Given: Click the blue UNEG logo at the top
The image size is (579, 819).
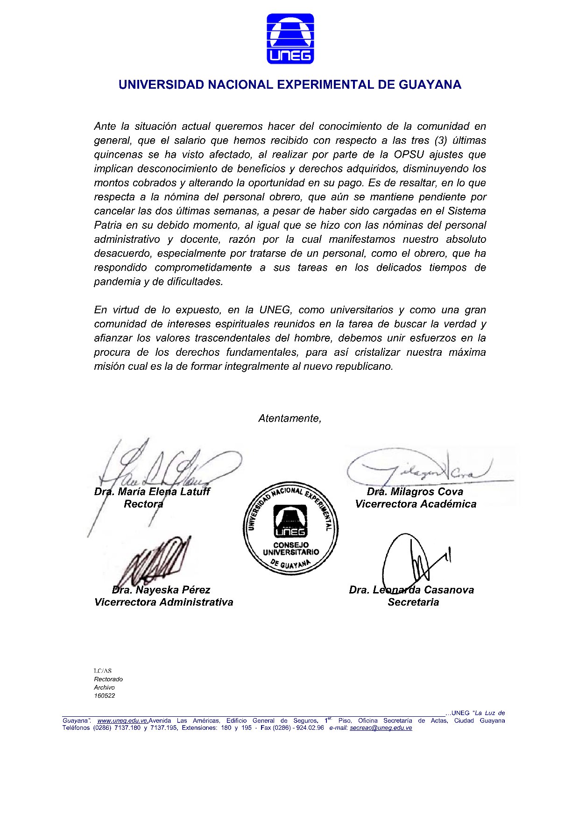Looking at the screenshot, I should pyautogui.click(x=290, y=39).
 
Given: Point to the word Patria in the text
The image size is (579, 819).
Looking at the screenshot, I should pyautogui.click(x=108, y=225).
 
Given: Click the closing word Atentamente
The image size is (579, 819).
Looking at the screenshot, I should pyautogui.click(x=290, y=418).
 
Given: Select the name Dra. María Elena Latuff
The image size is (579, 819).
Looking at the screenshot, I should pyautogui.click(x=152, y=492).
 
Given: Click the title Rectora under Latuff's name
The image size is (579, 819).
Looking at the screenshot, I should pyautogui.click(x=143, y=504).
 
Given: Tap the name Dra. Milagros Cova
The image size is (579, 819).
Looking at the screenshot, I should pyautogui.click(x=415, y=492).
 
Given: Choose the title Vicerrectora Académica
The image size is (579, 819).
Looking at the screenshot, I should pyautogui.click(x=416, y=504).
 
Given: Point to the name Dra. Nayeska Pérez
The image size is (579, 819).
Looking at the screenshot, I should pyautogui.click(x=161, y=590).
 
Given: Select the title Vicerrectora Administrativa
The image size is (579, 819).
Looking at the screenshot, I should pyautogui.click(x=163, y=602).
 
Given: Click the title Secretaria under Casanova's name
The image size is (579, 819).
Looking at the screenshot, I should pyautogui.click(x=413, y=602).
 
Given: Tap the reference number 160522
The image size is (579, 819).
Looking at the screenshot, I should pyautogui.click(x=105, y=696).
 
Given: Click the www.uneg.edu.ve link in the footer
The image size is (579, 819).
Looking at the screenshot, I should pyautogui.click(x=123, y=720).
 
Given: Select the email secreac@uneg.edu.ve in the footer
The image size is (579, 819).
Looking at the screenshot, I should pyautogui.click(x=381, y=728).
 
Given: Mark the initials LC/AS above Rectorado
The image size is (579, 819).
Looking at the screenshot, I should pyautogui.click(x=103, y=671).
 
